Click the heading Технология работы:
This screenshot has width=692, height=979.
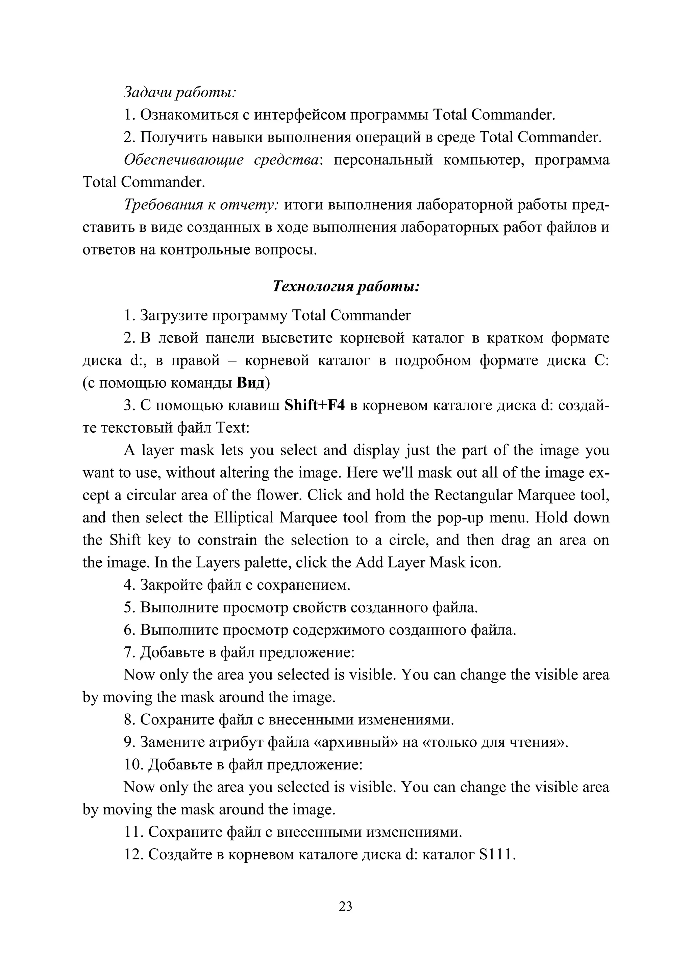(x=346, y=286)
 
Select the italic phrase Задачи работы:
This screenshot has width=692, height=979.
(x=180, y=92)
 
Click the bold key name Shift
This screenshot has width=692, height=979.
(x=301, y=405)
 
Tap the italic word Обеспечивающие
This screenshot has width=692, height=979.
(x=184, y=160)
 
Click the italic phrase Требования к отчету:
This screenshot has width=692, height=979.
(x=201, y=205)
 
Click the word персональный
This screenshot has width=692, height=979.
(x=382, y=160)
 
